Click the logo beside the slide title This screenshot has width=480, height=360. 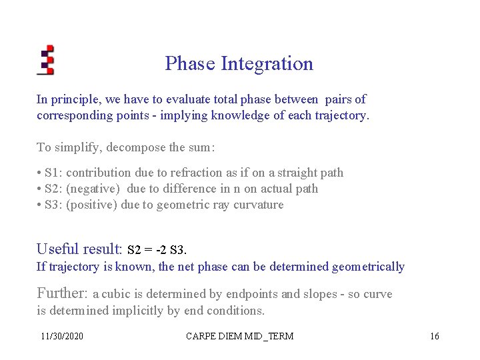click(45, 60)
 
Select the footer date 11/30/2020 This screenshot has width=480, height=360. click(62, 336)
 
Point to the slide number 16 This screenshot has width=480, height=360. click(434, 336)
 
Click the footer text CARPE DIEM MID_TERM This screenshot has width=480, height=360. click(241, 336)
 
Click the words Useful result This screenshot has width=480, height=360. click(79, 249)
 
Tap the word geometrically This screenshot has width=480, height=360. click(370, 267)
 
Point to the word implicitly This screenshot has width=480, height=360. click(140, 310)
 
